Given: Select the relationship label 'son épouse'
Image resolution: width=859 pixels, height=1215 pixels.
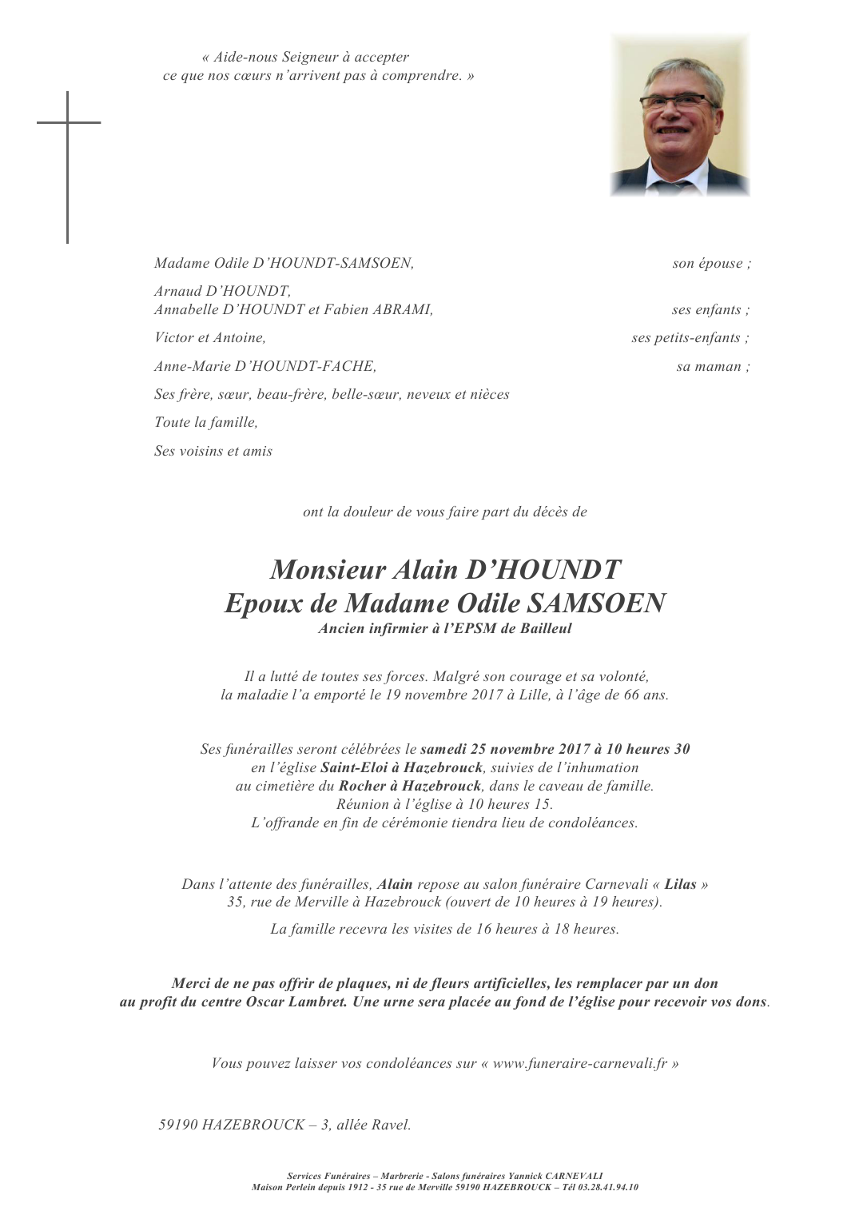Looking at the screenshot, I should pos(711,264).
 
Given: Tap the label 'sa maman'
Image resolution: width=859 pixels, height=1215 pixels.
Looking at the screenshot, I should pos(713,367).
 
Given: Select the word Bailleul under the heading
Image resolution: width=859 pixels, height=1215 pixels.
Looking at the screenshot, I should pos(546,628).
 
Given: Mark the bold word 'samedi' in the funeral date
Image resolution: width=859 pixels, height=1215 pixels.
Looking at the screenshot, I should pos(443,750).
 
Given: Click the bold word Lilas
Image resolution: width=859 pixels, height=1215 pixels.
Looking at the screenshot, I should pos(680,885).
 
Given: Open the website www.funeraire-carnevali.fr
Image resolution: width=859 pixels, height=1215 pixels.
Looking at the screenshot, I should pos(579,1064).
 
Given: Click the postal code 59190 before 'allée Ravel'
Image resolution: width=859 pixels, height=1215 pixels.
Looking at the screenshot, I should pos(178,1125).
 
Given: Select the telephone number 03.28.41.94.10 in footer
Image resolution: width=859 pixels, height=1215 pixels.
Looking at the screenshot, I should pos(610,1188).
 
